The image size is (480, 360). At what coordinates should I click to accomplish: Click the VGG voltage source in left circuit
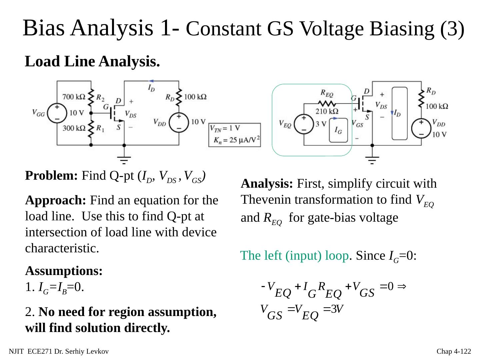click(57, 113)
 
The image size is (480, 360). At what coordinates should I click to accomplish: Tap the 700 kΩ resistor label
click(74, 97)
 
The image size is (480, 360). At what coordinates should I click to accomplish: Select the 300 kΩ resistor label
click(74, 128)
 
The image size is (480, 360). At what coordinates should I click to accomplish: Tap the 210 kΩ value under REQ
click(327, 111)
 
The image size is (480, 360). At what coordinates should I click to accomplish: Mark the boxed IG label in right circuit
click(338, 131)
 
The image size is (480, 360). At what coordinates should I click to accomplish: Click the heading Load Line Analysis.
click(92, 61)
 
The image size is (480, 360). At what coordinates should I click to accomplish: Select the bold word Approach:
click(56, 201)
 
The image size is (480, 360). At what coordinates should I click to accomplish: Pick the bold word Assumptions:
click(64, 271)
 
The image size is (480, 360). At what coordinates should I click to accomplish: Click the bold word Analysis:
click(267, 183)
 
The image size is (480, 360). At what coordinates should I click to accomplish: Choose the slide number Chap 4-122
click(454, 351)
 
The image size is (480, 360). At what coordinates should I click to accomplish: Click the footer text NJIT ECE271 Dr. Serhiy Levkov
click(59, 351)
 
